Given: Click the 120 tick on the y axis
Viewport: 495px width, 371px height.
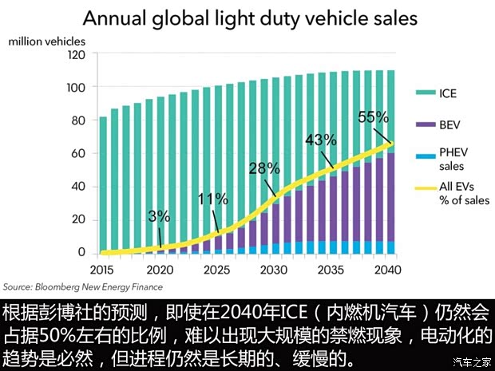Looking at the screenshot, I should click(76, 54).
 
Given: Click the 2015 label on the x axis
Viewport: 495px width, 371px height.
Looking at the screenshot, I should click(102, 269).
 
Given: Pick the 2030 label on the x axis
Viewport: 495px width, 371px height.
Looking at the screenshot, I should click(274, 269).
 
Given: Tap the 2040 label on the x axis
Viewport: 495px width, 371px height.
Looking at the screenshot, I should click(389, 269).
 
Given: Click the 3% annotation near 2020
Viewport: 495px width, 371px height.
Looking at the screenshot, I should click(159, 216).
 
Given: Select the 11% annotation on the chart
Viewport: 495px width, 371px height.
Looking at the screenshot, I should click(212, 198).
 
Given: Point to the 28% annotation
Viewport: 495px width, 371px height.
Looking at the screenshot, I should click(263, 168).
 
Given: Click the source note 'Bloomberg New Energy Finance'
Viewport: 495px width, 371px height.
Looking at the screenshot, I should click(82, 286).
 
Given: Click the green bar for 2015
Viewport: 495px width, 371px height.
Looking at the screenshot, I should click(102, 184).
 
